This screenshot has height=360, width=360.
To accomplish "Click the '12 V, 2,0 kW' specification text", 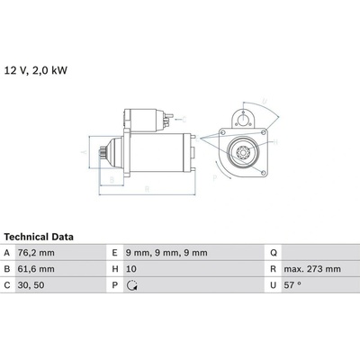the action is tap(36, 70).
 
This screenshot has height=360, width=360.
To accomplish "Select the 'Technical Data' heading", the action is tap(39, 237).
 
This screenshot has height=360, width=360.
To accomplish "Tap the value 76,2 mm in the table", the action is tap(36, 253).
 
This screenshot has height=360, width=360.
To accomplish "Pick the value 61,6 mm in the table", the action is tap(36, 269).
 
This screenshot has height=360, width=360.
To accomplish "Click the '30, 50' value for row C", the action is tap(31, 285).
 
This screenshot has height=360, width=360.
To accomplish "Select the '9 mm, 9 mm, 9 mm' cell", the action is tap(166, 253).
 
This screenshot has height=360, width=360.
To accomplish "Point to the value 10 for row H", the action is tap(131, 269).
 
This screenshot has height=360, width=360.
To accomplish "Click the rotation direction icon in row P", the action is tap(132, 285).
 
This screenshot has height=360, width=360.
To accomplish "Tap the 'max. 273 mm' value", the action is tap(312, 269).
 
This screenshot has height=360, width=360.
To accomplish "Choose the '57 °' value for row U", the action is tap(292, 285).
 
